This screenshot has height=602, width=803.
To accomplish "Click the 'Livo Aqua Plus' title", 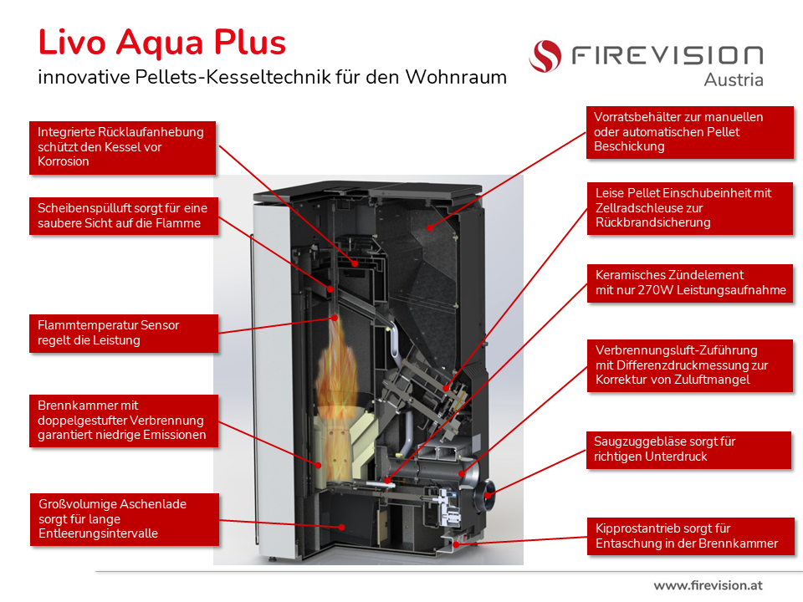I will click(162, 43).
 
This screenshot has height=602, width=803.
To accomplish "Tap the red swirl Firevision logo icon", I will click(545, 56).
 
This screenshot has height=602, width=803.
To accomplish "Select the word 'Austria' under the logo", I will click(734, 79).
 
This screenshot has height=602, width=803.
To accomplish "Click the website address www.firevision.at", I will click(708, 585).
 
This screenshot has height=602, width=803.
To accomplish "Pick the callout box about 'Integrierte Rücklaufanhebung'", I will click(122, 146).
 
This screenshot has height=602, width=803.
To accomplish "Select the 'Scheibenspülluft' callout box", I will click(122, 215).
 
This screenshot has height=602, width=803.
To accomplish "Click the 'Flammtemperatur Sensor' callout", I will click(122, 333).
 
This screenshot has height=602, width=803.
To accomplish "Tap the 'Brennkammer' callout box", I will click(122, 421).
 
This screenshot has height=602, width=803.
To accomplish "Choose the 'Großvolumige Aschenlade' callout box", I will click(122, 519).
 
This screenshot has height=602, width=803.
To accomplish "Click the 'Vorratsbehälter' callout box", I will click(688, 131).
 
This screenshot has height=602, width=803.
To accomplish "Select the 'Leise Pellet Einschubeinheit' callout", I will click(688, 207).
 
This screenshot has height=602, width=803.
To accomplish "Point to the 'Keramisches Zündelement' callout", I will click(688, 283).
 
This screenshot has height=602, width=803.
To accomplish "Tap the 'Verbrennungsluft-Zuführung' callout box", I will click(688, 365).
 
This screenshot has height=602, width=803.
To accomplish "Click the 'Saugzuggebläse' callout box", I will click(688, 449).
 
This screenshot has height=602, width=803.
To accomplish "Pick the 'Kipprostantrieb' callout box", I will click(688, 536).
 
